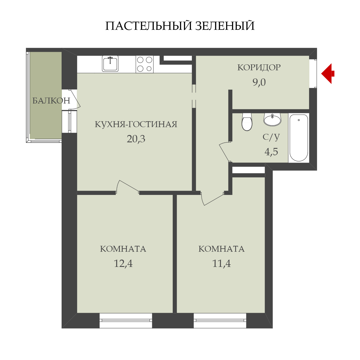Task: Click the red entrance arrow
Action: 327,74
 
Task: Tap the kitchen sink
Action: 110,64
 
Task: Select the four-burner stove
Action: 145,64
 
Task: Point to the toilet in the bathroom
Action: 247,121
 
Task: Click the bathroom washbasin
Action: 272,119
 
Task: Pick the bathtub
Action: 298,138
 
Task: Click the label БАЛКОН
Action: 51,101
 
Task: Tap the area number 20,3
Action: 136,139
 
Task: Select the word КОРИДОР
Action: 259,67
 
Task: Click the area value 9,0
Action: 259,82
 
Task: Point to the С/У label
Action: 271,137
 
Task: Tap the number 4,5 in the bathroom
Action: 271,152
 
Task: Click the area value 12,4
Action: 123,264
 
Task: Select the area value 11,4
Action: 222,264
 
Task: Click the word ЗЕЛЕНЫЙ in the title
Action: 225,26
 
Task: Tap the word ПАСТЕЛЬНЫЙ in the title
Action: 148,26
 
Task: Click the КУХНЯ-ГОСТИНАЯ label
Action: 136,124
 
